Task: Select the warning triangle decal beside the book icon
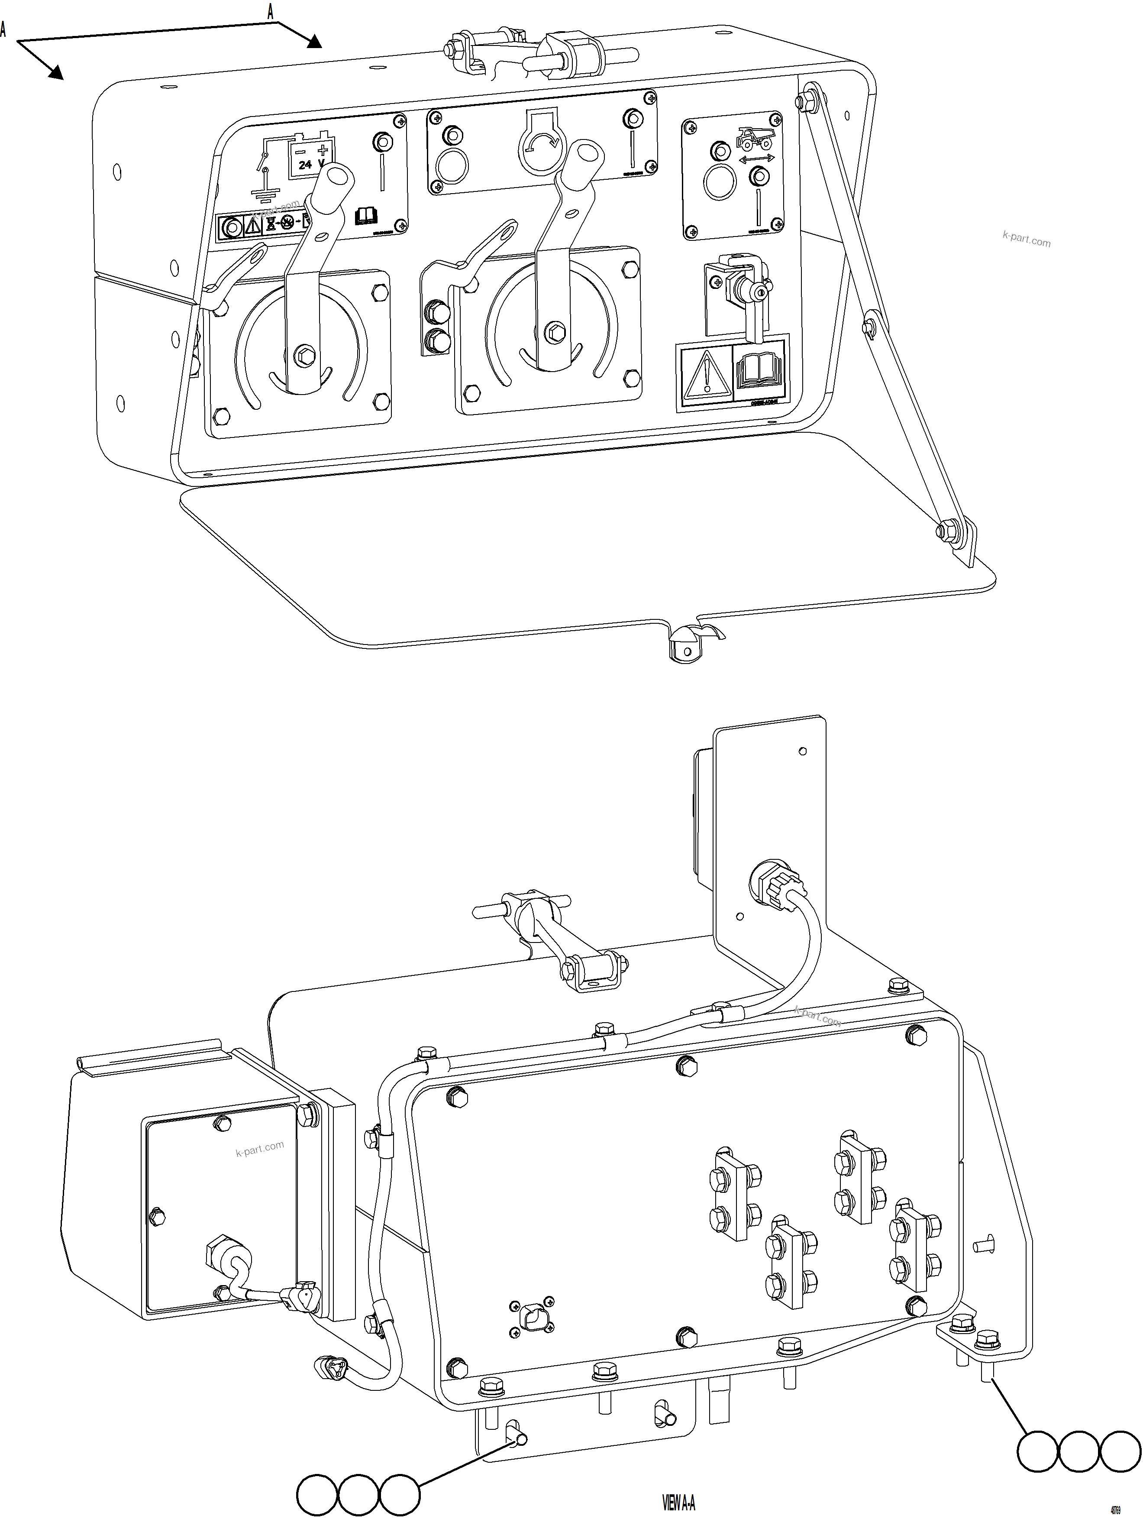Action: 706,376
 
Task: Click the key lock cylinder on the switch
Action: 759,293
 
